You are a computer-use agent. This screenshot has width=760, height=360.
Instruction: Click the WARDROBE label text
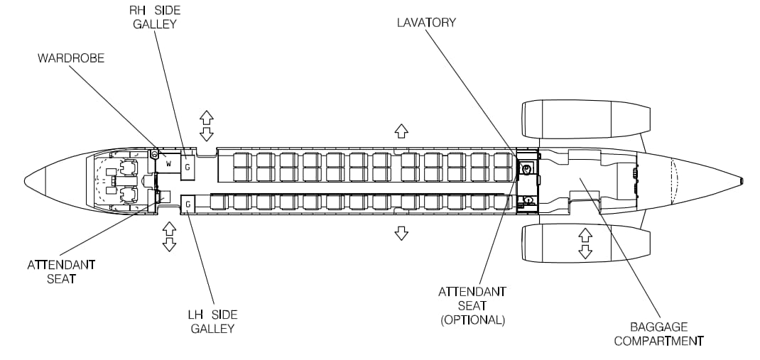pos(71,58)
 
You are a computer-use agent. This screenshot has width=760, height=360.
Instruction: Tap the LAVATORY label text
pos(426,23)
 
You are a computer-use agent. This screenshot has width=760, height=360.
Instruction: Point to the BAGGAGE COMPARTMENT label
pos(658,334)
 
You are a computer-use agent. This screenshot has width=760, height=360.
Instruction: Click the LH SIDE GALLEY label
pos(212,322)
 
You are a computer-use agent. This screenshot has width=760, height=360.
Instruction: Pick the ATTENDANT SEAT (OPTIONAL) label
pos(472,305)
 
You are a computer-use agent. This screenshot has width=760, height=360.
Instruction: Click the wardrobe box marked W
pos(168,164)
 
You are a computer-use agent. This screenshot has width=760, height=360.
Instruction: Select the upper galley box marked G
pos(188,166)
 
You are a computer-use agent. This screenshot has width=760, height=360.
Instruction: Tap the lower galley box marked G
pos(188,204)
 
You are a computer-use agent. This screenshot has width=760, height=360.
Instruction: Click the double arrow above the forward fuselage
pos(207,126)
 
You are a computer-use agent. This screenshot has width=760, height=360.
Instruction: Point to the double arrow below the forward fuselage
pos(169,236)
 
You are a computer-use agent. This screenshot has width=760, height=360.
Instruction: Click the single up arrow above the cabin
pos(401,130)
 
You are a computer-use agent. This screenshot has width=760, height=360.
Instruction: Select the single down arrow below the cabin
pos(401,233)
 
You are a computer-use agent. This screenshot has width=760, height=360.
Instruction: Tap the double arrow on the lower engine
pos(585,243)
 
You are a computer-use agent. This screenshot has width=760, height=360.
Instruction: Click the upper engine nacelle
pos(585,119)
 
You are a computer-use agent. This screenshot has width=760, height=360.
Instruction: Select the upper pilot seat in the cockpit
pos(128,169)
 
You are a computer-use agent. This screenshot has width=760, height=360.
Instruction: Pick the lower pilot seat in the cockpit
pos(128,192)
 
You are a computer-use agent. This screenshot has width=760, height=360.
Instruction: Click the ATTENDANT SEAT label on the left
pos(61,271)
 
